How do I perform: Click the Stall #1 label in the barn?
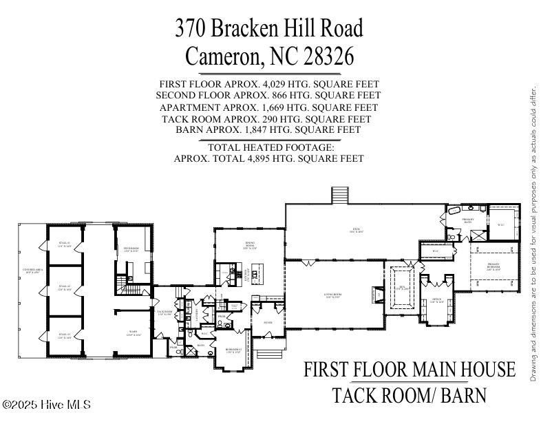(x=64, y=244)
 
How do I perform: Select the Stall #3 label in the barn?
(x=64, y=337)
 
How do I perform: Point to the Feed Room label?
(x=131, y=250)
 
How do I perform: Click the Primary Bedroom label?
(x=494, y=266)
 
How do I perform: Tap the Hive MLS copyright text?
(x=46, y=405)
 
